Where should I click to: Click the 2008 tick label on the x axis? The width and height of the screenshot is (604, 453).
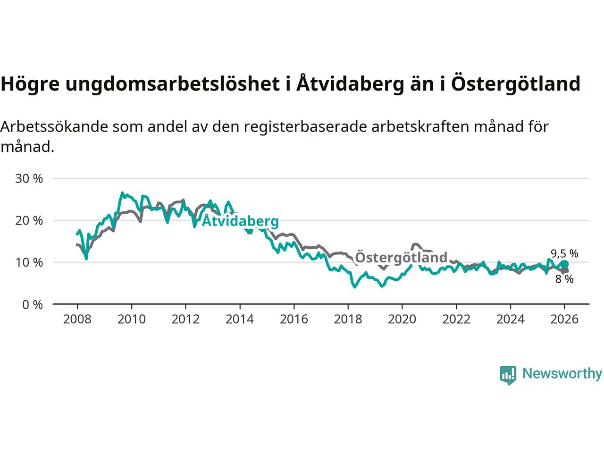77,319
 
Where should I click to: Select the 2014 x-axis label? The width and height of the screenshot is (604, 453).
240,319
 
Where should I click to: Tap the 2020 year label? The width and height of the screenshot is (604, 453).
402,319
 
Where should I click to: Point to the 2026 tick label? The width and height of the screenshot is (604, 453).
564,319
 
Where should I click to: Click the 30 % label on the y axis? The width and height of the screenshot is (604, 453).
29,178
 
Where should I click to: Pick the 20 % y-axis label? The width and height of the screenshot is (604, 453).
29,220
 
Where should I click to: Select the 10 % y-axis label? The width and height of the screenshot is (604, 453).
29,262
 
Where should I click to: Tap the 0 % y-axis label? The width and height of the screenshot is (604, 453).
32,304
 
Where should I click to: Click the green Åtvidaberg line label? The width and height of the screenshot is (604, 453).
240,221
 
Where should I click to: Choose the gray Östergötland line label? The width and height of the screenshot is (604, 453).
401,258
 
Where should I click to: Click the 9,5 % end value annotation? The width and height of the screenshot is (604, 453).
564,253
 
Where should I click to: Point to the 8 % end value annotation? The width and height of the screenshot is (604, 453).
564,279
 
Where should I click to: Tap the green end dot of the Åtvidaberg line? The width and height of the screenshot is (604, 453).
564,264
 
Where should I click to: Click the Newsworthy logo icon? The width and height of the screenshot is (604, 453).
508,375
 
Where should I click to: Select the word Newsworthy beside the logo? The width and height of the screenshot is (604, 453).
562,374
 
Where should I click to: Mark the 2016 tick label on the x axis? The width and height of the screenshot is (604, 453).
294,319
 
